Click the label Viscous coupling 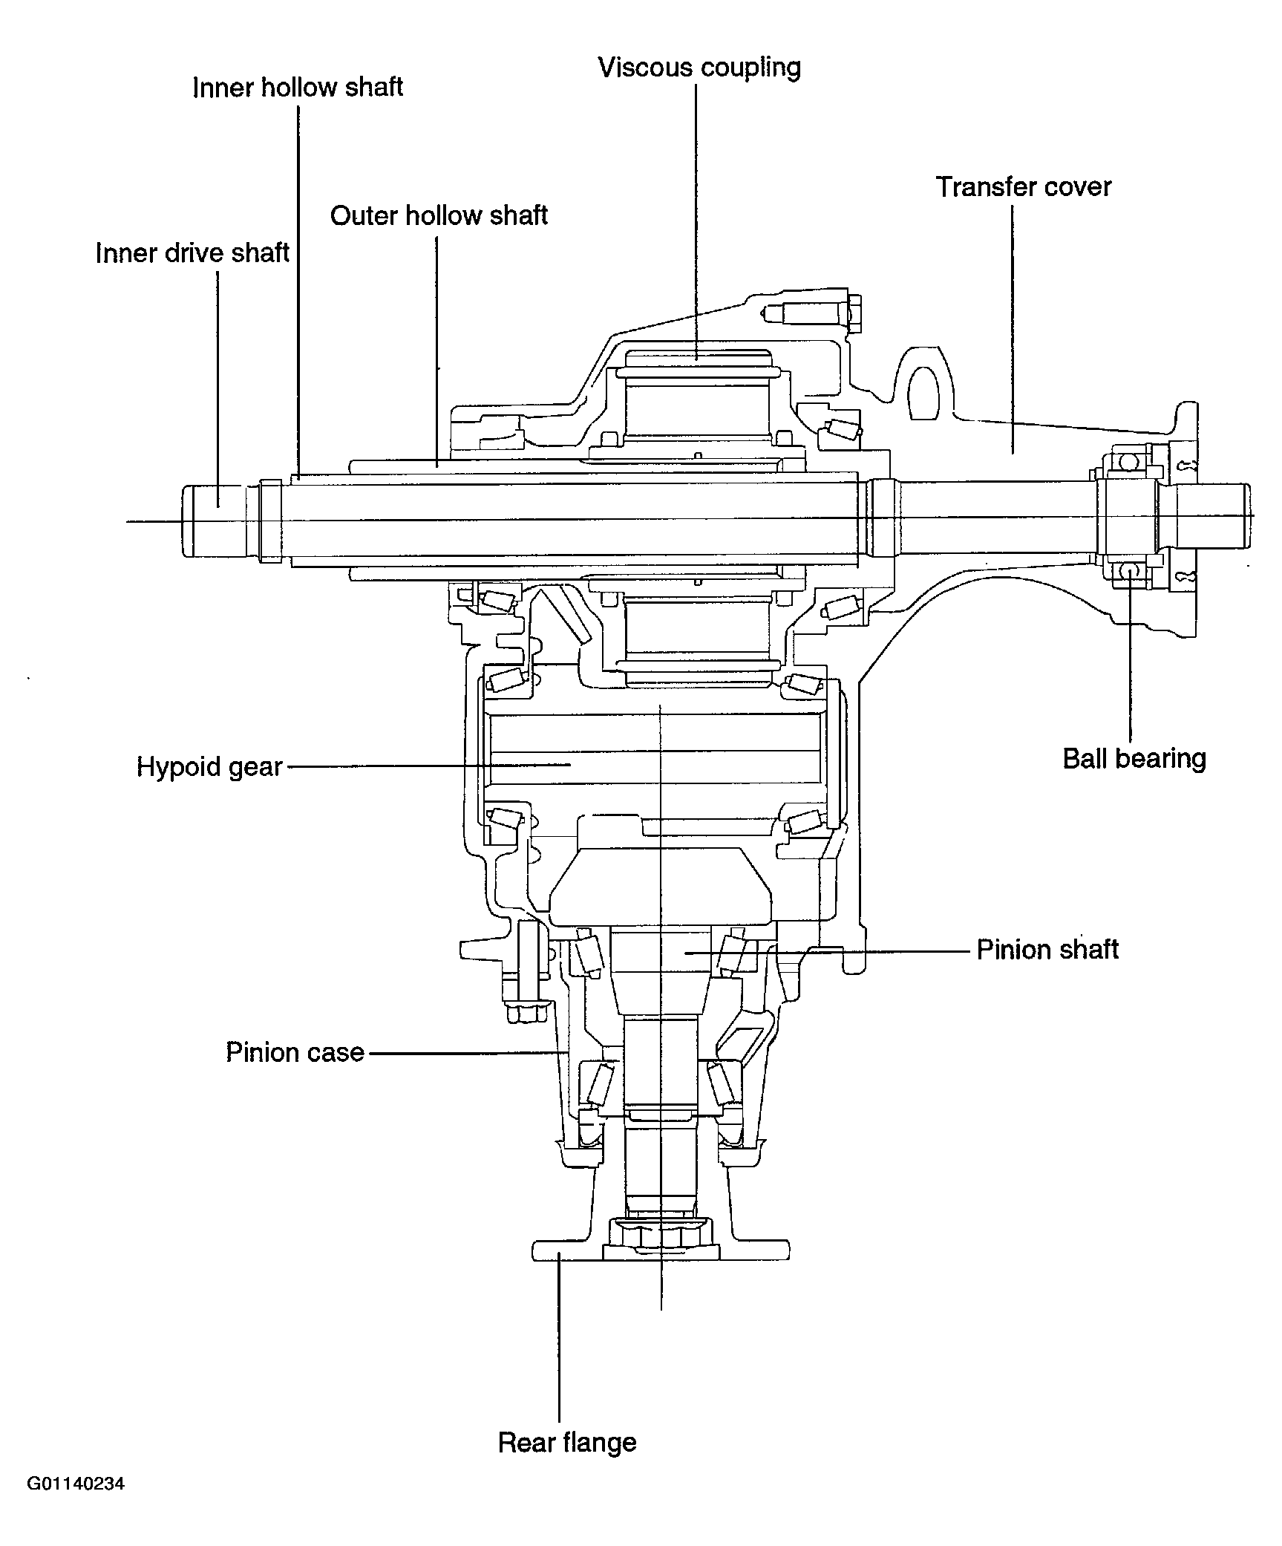[699, 68]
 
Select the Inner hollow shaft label [297, 88]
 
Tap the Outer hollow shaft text [438, 216]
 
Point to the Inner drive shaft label [192, 253]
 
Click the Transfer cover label [1023, 187]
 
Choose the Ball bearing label [1134, 759]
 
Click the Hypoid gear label [209, 766]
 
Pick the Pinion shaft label [1047, 950]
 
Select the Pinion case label [295, 1052]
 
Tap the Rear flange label [567, 1442]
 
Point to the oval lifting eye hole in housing [926, 391]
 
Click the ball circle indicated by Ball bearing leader [1130, 570]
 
